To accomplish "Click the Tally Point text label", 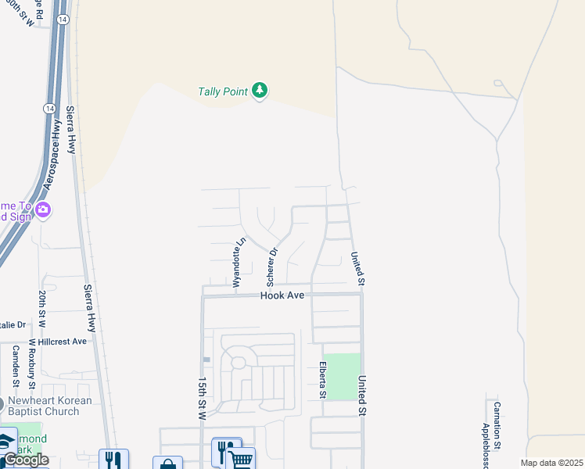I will point(223,91).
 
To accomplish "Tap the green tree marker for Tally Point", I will point(260,91).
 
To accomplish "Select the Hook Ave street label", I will point(282,295).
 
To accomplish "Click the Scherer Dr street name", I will point(273,267).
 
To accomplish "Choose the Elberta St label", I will point(321,380).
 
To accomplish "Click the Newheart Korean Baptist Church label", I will point(50,406).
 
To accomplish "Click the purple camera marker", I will point(43,209).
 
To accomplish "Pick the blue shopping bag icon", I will point(167,464).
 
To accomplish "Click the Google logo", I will point(26,460).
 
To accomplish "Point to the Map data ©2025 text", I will point(551,463).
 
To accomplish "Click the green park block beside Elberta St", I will point(343,377).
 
